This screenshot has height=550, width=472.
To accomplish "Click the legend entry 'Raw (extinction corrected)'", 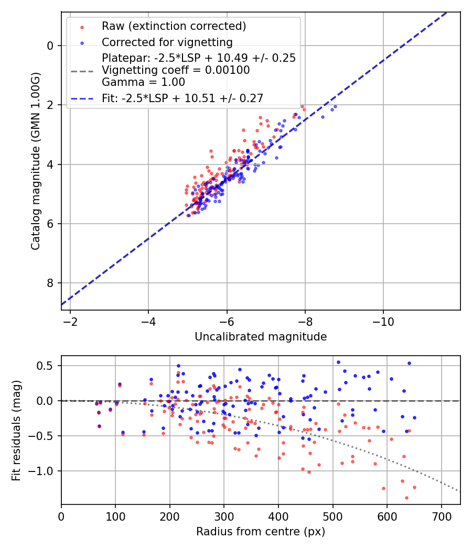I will point(174,26).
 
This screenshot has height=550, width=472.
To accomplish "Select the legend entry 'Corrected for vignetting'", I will point(167,42).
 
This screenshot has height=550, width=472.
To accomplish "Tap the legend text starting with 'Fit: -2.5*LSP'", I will point(183,98).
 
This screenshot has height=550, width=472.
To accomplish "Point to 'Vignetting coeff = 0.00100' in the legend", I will point(176,70).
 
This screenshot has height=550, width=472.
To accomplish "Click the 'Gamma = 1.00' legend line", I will point(143,82).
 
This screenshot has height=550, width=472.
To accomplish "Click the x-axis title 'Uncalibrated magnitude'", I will point(261,337).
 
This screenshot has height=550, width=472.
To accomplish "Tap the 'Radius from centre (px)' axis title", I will point(261,532).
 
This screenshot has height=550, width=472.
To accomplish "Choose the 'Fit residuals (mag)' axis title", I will point(16,430).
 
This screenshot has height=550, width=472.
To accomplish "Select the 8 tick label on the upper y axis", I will point(50,283).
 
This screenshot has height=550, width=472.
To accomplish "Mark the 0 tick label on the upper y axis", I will point(50,46).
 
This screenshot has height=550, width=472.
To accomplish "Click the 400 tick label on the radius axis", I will point(278,516).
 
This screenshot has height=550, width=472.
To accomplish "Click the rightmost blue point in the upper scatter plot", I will point(335,106).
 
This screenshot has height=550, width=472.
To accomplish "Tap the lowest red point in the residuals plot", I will point(406,498).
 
